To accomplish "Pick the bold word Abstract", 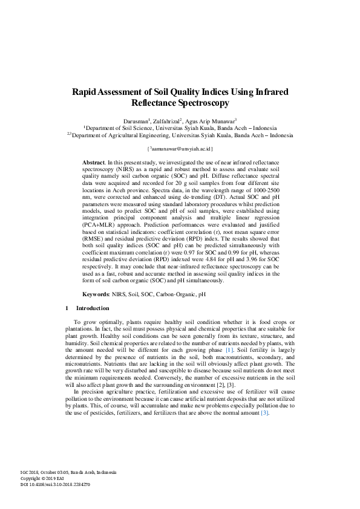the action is (x=93, y=163).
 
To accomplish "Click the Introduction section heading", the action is (x=93, y=308).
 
